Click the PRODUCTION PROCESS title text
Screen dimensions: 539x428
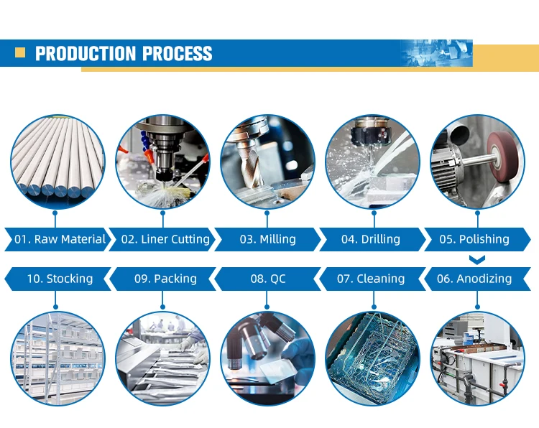(124, 54)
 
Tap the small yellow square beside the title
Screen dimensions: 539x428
(21, 52)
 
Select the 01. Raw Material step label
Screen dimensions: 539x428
(60, 239)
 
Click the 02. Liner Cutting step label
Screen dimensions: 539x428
(165, 239)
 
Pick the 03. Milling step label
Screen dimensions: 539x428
(267, 239)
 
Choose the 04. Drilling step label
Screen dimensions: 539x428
(371, 239)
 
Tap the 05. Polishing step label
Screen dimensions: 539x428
(474, 239)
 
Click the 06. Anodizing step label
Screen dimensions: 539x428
(474, 279)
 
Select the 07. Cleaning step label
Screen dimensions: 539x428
(371, 279)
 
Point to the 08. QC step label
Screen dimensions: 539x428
(268, 279)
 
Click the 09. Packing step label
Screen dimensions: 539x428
(165, 279)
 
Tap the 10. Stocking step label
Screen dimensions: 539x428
(60, 279)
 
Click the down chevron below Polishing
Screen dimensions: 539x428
(476, 259)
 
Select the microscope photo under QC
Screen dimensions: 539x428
(267, 358)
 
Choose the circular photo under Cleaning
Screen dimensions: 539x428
(372, 358)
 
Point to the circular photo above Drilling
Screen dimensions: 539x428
(372, 162)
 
